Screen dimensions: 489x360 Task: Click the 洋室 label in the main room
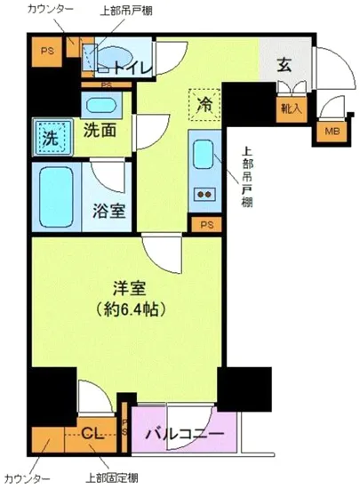click(x=131, y=289)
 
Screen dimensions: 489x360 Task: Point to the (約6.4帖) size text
click(x=131, y=310)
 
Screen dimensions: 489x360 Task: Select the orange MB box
click(x=330, y=132)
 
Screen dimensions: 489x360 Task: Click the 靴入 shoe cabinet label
click(x=291, y=108)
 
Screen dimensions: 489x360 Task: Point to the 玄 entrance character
click(x=284, y=64)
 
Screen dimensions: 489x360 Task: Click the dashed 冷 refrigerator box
click(x=204, y=105)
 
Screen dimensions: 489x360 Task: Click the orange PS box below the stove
click(x=206, y=224)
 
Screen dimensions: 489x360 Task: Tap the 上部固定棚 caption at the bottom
click(x=107, y=478)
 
